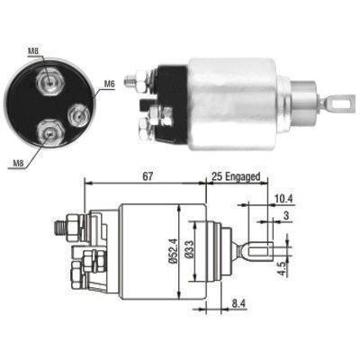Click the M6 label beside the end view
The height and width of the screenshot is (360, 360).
point(109,85)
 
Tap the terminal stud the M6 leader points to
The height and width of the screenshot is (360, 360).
point(80,113)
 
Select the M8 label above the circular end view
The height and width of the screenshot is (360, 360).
point(33,51)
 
